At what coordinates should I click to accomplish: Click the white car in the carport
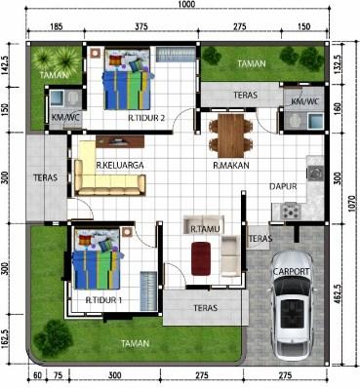(x=292, y=306)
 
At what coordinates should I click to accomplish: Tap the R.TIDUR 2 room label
(x=146, y=118)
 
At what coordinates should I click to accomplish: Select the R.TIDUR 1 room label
(x=103, y=300)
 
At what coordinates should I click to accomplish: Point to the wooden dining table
(x=231, y=136)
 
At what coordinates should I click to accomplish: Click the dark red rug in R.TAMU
(x=201, y=258)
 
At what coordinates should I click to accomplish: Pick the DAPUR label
(x=283, y=186)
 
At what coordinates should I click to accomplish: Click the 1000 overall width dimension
(x=186, y=4)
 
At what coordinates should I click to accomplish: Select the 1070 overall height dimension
(x=354, y=204)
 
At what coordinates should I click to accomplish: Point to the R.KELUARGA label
(x=120, y=165)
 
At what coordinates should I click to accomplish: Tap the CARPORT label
(x=292, y=271)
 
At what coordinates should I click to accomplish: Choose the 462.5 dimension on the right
(x=338, y=294)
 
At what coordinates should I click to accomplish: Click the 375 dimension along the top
(x=141, y=26)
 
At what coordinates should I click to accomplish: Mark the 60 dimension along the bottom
(x=37, y=375)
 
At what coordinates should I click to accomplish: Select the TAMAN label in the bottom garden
(x=136, y=343)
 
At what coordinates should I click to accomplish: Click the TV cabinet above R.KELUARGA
(x=120, y=141)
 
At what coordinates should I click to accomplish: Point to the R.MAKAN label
(x=231, y=165)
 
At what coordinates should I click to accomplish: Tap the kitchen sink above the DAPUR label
(x=315, y=173)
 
